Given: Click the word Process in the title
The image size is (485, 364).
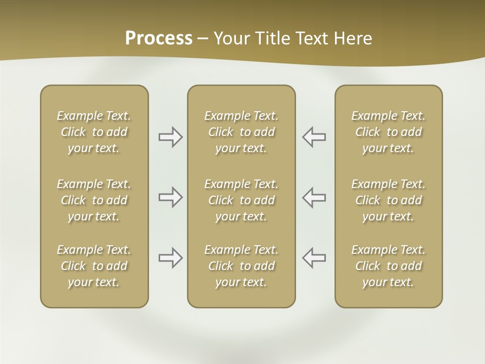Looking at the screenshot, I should (x=159, y=38).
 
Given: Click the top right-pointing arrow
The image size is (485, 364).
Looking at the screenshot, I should (x=171, y=137).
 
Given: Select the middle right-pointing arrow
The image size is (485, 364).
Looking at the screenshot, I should (x=171, y=197).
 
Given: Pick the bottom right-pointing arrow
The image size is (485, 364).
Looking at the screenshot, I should (x=171, y=258).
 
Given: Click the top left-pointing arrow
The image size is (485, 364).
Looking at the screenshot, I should (x=314, y=137).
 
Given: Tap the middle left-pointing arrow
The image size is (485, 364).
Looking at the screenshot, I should (x=314, y=197).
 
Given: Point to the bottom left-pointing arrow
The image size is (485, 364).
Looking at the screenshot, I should (x=314, y=258).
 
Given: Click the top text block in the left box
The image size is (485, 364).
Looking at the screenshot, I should (x=94, y=132).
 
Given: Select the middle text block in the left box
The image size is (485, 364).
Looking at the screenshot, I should (x=94, y=200).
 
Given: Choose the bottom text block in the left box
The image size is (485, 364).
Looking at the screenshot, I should (x=94, y=266).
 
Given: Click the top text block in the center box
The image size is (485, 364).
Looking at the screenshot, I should (x=241, y=132).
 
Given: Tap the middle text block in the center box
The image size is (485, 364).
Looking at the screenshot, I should (x=241, y=200).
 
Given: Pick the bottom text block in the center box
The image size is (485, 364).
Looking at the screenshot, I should (x=241, y=266).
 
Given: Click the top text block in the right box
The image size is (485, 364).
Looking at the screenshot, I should (x=389, y=132).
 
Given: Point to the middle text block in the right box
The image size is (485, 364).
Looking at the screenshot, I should (x=389, y=200).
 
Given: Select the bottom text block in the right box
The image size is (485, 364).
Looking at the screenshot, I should (x=389, y=266).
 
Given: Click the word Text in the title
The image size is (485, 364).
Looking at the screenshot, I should (x=313, y=38).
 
